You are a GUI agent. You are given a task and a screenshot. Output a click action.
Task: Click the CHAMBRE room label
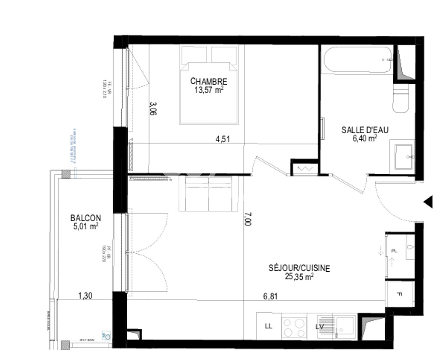[x=209, y=81]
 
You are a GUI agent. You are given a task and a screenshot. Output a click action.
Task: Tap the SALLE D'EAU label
[x=365, y=130]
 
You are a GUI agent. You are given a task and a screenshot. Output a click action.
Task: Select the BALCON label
[x=86, y=218]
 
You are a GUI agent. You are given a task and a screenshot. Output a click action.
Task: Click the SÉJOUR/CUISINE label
[x=299, y=268]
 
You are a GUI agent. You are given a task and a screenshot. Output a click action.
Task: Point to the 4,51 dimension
[x=222, y=139]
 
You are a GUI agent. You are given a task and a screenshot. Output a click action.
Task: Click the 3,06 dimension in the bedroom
[x=153, y=108]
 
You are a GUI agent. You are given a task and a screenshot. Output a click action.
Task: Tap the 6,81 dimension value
[x=270, y=296]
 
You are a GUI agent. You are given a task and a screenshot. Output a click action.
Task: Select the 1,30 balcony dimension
[x=85, y=295]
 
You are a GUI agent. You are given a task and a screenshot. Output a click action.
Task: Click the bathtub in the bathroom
[x=357, y=60]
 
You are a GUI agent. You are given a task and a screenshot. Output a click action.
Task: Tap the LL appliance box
[x=268, y=326]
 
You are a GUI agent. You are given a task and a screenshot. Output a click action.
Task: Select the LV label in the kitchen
[x=320, y=327]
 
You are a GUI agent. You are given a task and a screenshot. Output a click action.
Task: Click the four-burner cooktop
[x=294, y=327]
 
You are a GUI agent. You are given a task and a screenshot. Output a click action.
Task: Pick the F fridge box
[x=399, y=294]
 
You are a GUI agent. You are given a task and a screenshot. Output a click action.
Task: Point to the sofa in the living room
[x=209, y=194]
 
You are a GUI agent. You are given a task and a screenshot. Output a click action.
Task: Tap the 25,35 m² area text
[x=299, y=276]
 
